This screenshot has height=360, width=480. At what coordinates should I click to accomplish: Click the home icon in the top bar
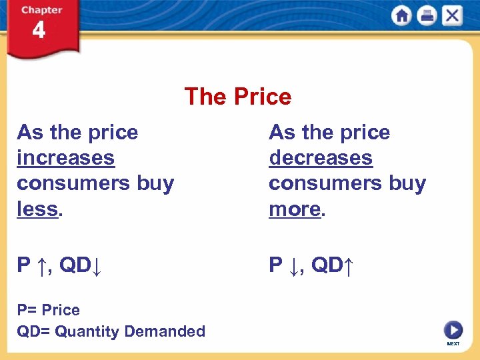point(401,15)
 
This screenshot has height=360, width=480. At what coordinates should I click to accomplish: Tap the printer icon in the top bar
point(427,15)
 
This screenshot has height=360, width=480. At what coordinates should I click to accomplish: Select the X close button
point(452,15)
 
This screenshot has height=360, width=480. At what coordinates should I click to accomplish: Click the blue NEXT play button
point(453,329)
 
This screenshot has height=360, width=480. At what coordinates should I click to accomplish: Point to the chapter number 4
point(39,31)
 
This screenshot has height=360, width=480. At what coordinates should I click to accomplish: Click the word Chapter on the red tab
point(41,10)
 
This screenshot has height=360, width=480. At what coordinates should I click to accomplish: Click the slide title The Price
point(238,97)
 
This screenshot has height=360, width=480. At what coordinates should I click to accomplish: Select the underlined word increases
point(65,158)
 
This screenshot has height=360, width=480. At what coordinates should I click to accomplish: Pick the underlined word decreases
point(321,158)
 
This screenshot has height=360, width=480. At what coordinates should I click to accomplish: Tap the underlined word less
point(37,209)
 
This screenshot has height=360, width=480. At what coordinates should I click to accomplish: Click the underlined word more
point(295,209)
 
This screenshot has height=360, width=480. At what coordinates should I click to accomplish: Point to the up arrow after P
point(42,265)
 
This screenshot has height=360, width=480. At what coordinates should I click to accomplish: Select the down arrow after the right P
point(294,265)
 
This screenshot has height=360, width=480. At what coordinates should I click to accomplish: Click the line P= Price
point(48,310)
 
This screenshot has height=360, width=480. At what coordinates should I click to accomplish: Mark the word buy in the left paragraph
point(155,183)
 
